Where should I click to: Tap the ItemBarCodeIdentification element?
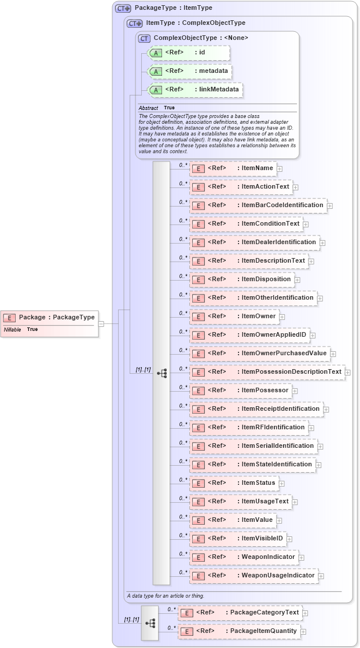pos(258,205)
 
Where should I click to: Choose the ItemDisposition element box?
pos(241,279)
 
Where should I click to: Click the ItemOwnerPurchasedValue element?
pos(259,354)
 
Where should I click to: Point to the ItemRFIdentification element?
pos(248,428)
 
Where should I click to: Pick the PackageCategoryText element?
pos(240,613)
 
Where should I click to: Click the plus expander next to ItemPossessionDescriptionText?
pos(348,373)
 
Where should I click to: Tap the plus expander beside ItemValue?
pos(279,521)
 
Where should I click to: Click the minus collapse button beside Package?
pos(101,324)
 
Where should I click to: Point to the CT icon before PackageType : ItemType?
pos(123,9)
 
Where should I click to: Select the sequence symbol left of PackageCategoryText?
pos(150,623)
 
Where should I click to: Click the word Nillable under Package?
pos(13,329)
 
